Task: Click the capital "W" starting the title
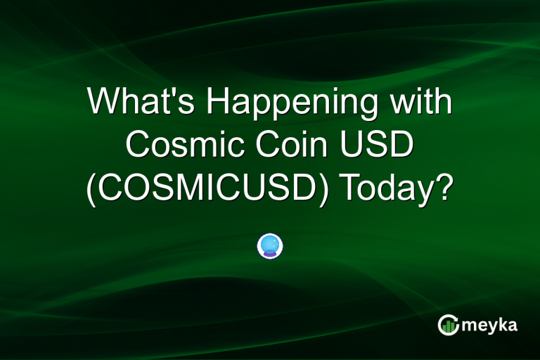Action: [x=104, y=103]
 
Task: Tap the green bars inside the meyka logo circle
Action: [x=449, y=326]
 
